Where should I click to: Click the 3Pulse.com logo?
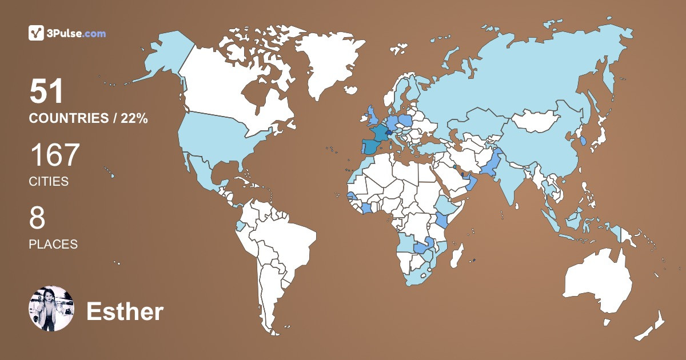coord(67,33)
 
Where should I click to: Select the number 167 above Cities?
coord(55,155)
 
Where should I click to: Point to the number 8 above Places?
coord(37,218)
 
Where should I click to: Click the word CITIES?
coord(49,182)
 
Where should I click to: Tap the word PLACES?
coord(53,244)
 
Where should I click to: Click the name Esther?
coord(125,312)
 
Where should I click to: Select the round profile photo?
coord(51,308)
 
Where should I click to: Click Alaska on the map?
coord(166,54)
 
